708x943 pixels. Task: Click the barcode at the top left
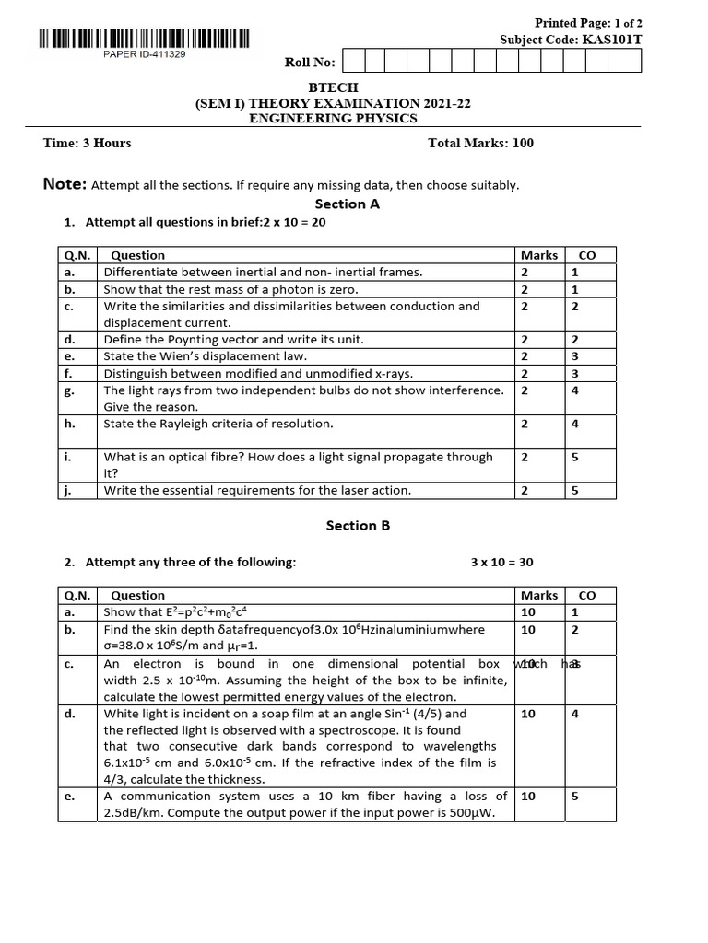coord(144,39)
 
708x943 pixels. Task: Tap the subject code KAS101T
coord(610,40)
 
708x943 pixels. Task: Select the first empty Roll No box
coord(352,62)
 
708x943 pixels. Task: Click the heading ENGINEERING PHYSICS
coord(333,118)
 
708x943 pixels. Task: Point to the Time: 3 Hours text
coord(87,143)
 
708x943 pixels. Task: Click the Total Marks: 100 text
coord(480,143)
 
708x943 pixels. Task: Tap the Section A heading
coord(347,204)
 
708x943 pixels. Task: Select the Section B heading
coord(358,526)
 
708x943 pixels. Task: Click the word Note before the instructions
coord(64,184)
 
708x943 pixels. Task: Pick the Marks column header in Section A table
coord(538,255)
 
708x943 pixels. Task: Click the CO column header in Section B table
coord(586,596)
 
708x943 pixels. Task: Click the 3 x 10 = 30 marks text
coord(501,563)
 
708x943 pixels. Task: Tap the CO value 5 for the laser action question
coord(574,490)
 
